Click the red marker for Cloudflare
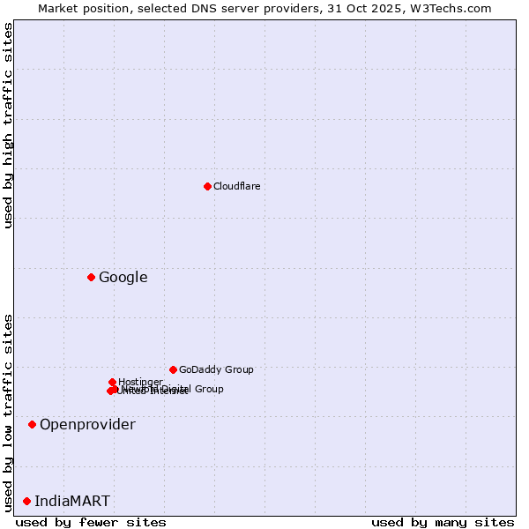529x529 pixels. (207, 186)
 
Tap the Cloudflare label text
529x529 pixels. (236, 186)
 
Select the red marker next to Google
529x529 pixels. (91, 277)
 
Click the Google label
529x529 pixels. (123, 277)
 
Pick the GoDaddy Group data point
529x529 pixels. (173, 369)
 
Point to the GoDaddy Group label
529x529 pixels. (215, 369)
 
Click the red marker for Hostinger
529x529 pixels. (112, 382)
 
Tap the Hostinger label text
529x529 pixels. (140, 382)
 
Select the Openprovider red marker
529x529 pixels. (32, 424)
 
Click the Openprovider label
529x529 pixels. (87, 424)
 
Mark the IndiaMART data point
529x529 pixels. (26, 501)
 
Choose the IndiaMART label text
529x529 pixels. (72, 501)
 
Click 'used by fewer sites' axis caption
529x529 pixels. (91, 522)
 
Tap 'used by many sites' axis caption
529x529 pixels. (442, 522)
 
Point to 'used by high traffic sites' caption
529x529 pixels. (8, 125)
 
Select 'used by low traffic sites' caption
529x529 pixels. (8, 412)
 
